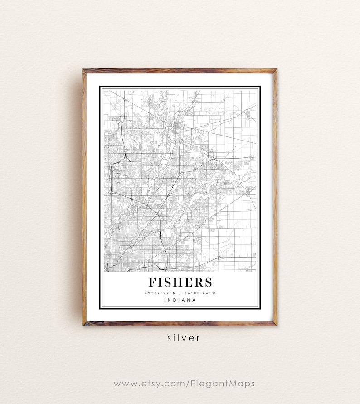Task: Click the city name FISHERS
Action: point(180,282)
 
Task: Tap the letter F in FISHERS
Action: point(152,282)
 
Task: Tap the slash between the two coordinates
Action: point(180,293)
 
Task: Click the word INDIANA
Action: point(180,300)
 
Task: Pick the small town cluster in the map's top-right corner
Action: point(248,113)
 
